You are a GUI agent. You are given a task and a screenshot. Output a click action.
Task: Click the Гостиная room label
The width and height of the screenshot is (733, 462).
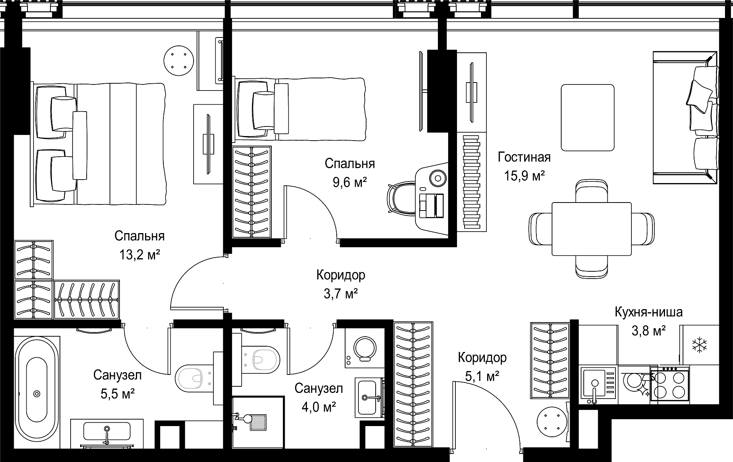[x=524, y=157]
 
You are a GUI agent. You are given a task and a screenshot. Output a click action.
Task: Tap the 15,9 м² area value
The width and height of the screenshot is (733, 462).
[x=524, y=176]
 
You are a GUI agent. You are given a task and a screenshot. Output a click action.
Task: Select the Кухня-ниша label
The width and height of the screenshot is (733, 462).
[x=648, y=312]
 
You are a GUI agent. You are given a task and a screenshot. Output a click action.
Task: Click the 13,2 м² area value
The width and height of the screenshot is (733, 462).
[x=139, y=255]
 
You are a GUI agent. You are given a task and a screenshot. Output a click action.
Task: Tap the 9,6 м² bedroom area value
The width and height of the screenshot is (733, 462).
[x=350, y=182]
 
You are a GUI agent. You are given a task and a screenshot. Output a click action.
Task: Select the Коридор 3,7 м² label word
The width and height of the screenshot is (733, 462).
[x=341, y=275]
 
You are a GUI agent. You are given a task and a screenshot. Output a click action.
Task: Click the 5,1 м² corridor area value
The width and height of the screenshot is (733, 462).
[x=482, y=376]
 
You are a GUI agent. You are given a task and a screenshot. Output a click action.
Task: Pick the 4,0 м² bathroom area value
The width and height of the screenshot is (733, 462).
[x=319, y=407]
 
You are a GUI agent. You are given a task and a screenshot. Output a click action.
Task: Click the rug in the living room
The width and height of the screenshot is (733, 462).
[x=588, y=118]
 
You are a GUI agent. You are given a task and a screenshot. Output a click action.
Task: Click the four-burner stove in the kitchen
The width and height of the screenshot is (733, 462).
[x=670, y=383]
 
